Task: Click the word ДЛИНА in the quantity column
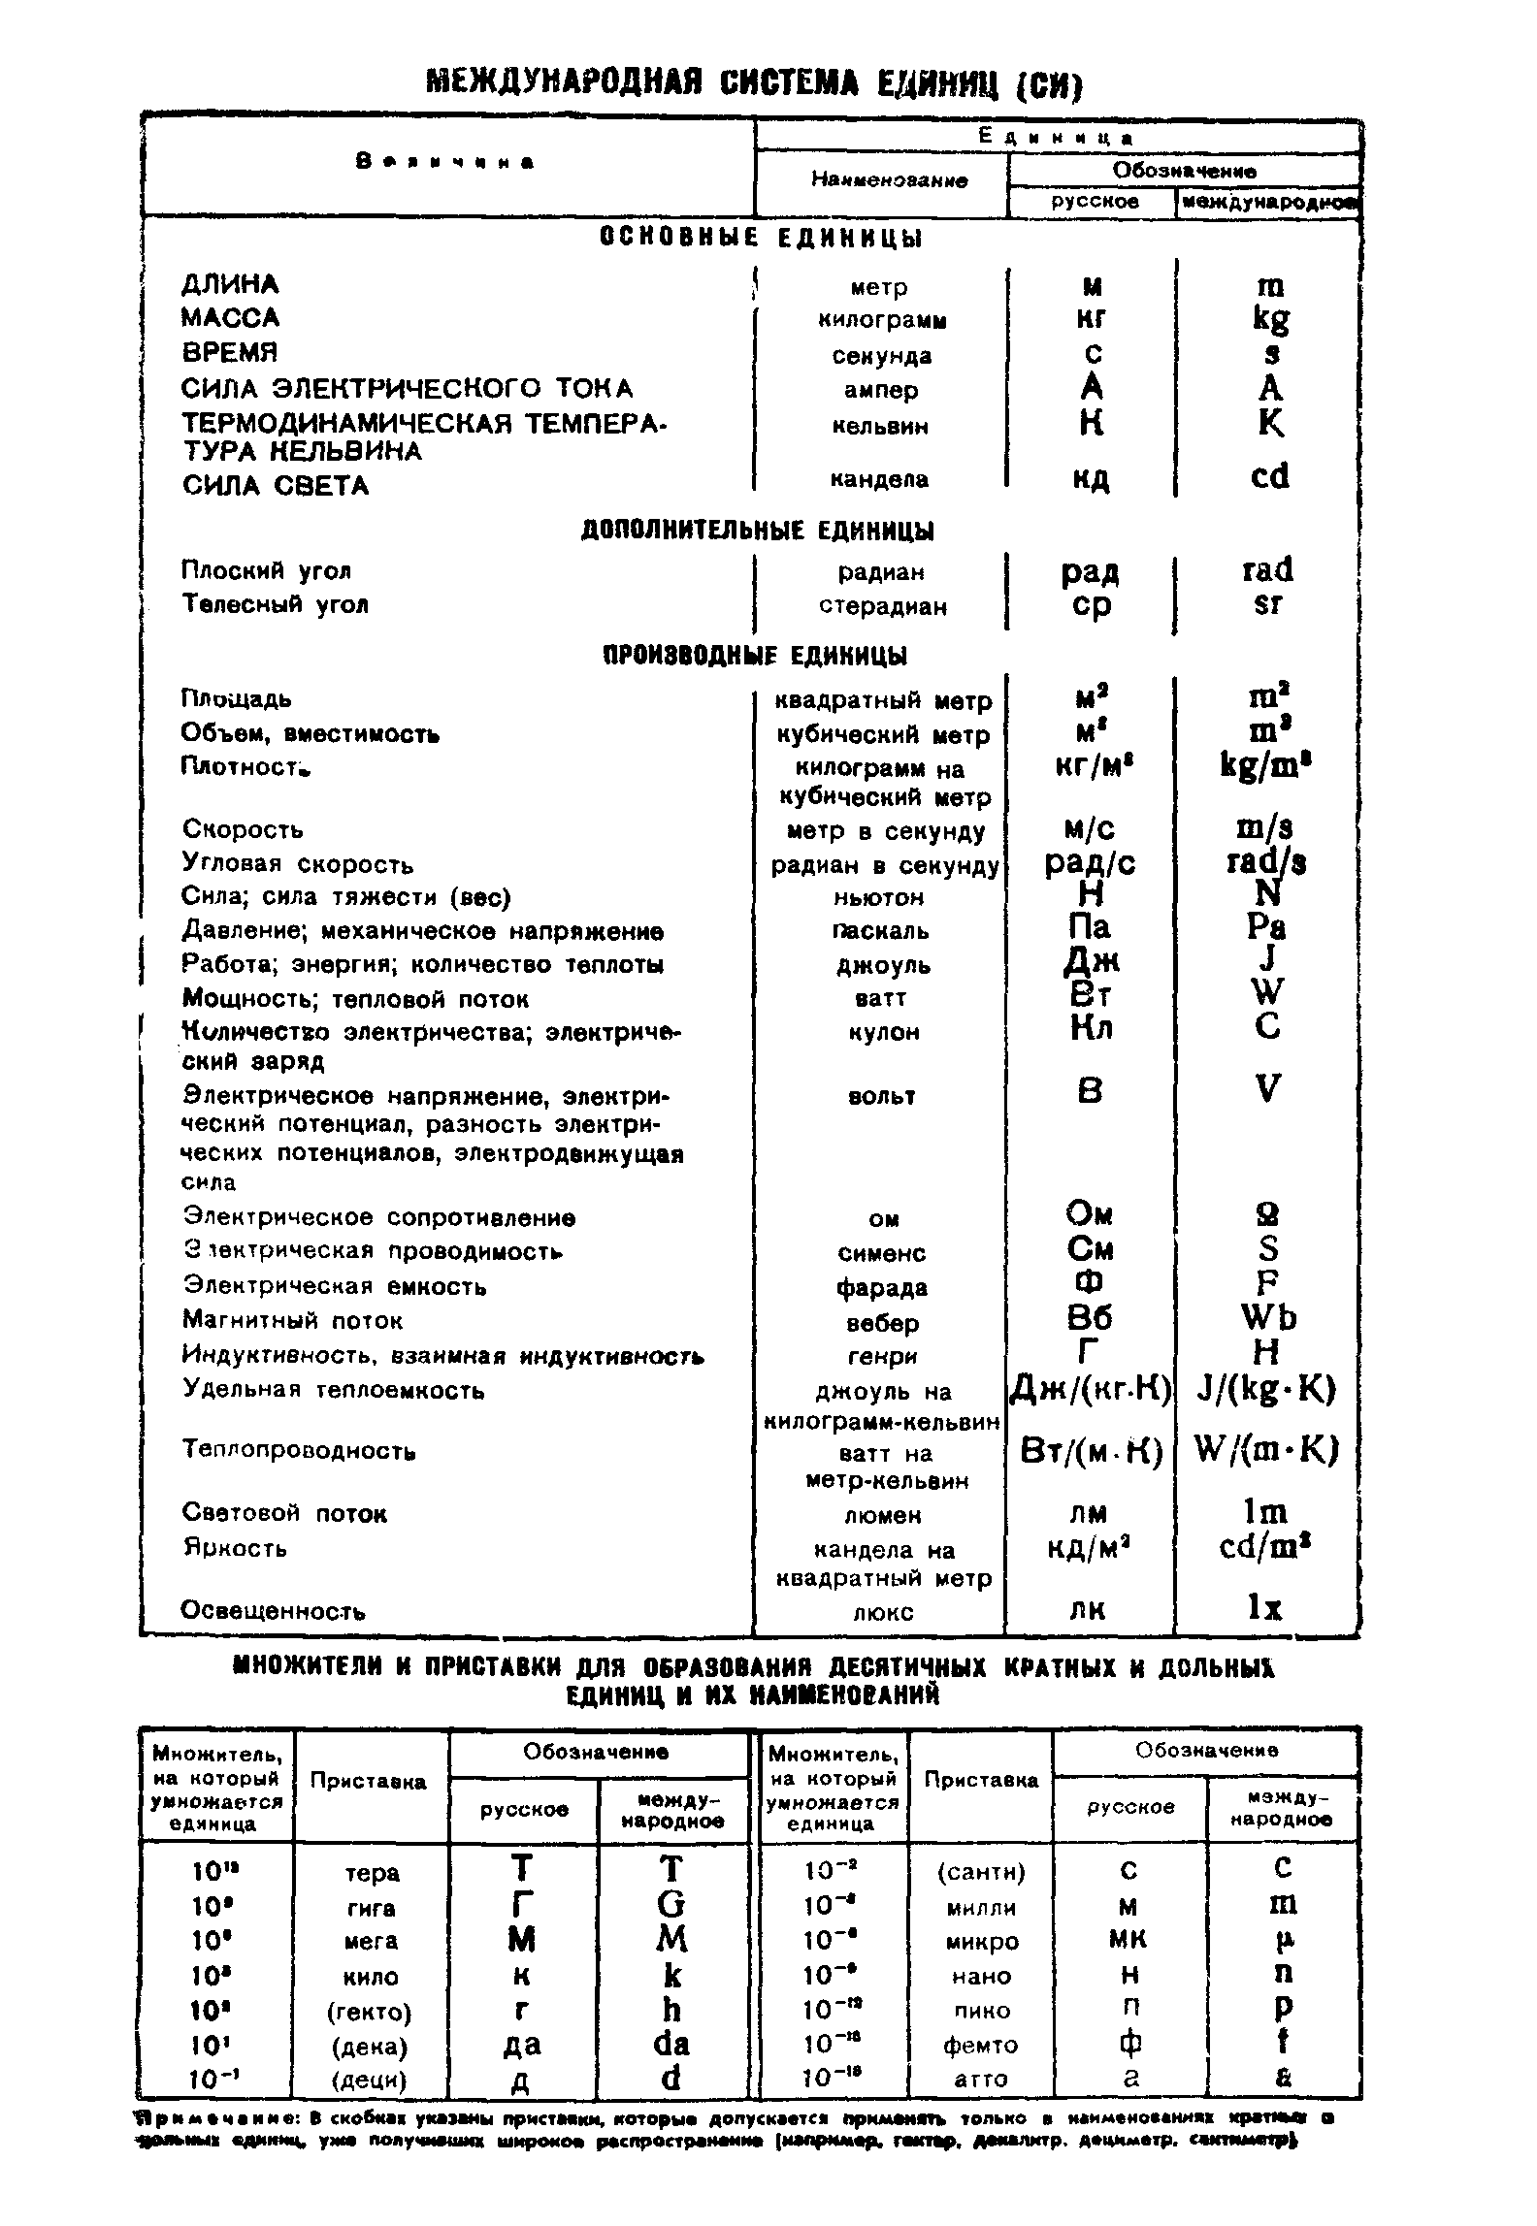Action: (x=230, y=284)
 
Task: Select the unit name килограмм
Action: (x=882, y=320)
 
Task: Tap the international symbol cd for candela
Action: (x=1269, y=476)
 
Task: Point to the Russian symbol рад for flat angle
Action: (x=1091, y=571)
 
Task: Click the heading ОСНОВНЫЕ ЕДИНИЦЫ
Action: (x=761, y=238)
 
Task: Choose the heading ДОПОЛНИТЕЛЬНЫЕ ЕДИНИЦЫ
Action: (x=758, y=531)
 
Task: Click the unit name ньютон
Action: (x=879, y=897)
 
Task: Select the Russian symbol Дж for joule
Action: (x=1092, y=961)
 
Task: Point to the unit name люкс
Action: (x=882, y=1612)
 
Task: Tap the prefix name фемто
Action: (x=981, y=2045)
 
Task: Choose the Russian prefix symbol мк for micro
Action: (x=1127, y=1941)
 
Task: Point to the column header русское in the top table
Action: (x=1096, y=202)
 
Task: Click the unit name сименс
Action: (x=882, y=1253)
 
